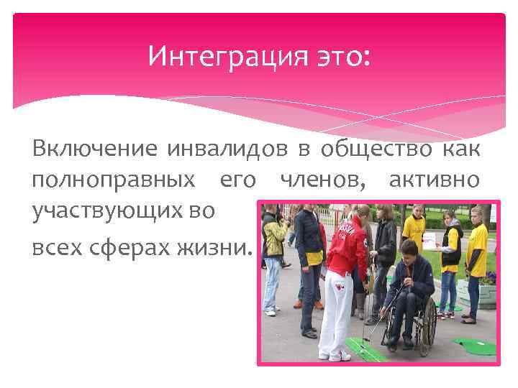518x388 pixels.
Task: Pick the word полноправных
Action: coord(113,180)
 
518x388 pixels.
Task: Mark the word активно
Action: coord(434,180)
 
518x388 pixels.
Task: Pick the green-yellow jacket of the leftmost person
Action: coord(274,236)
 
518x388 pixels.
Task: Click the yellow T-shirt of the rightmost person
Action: coord(477,249)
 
